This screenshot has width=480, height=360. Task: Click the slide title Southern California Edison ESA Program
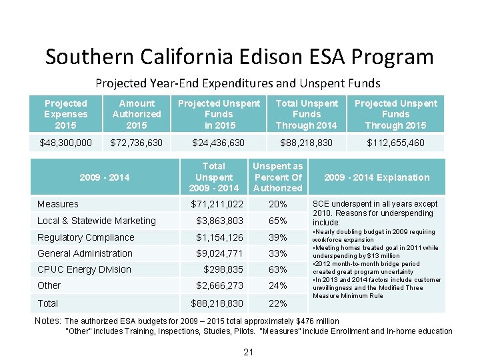tap(239, 57)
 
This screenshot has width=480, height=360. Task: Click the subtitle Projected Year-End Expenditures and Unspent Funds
tap(238, 83)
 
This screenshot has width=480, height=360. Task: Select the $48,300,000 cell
tap(66, 143)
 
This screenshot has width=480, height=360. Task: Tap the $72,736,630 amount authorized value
tap(136, 143)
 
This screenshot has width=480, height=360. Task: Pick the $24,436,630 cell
tap(218, 143)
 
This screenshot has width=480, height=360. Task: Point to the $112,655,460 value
tap(395, 143)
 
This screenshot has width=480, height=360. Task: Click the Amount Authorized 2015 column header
tap(136, 114)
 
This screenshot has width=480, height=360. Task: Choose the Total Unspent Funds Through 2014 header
tap(307, 114)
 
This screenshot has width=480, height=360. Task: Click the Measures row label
tap(58, 204)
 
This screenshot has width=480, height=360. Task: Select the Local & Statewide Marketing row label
tap(97, 221)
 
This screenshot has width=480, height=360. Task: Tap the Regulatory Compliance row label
tap(86, 237)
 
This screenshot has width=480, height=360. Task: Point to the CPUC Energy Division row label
tap(84, 269)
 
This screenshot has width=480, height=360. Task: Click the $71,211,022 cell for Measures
tap(217, 204)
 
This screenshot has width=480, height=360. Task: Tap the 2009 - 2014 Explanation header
tap(376, 177)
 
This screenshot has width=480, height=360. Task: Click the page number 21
tap(248, 351)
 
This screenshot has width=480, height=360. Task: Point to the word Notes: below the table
tap(48, 321)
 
